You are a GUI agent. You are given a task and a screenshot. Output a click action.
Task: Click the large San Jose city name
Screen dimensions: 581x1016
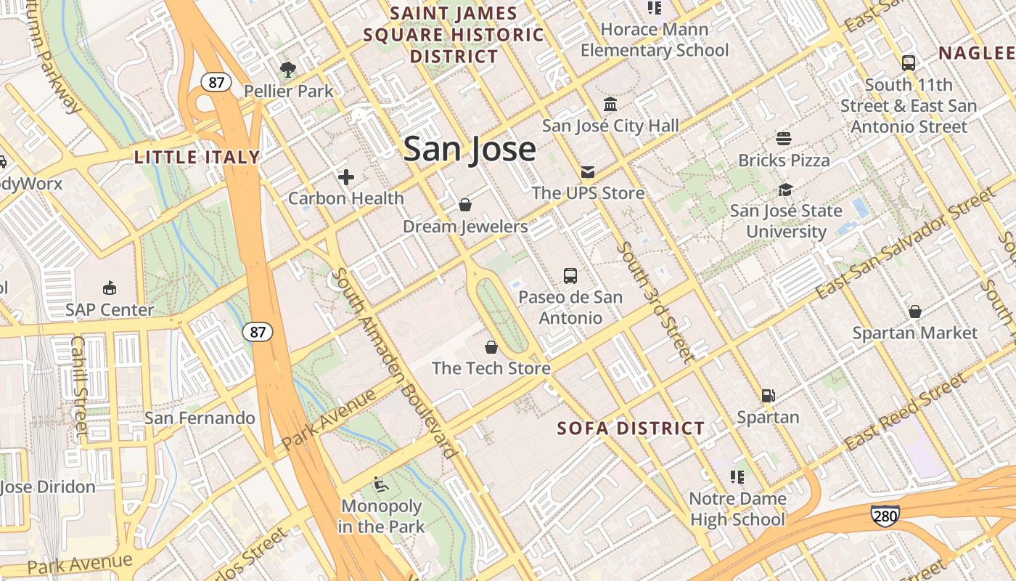[x=470, y=149]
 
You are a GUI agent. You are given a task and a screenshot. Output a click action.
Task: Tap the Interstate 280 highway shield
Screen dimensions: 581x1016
[x=885, y=515]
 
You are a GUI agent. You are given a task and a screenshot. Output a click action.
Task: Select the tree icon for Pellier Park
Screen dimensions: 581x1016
[x=288, y=70]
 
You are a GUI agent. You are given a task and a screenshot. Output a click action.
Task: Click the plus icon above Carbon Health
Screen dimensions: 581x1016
[x=346, y=176]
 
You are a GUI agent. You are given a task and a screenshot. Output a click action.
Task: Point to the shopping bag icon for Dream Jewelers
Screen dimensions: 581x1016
[x=465, y=205]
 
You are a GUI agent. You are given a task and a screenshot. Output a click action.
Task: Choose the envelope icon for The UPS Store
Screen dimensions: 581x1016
[x=587, y=171]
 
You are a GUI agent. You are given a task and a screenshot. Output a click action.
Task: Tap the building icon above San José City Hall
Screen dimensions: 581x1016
[x=610, y=105]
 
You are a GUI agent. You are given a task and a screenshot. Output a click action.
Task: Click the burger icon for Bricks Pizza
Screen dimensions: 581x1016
[x=784, y=138]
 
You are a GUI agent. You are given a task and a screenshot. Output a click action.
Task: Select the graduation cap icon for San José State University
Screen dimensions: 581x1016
[x=785, y=190]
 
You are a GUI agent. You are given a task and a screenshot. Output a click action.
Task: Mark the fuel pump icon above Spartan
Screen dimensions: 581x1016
[x=768, y=396]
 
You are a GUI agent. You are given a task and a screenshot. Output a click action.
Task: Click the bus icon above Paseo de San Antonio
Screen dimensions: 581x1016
[x=570, y=276]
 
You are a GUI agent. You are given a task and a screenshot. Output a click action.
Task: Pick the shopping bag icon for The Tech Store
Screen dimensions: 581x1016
[x=491, y=347]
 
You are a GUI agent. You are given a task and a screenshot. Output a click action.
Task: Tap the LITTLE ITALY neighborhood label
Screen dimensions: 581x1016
[x=197, y=157]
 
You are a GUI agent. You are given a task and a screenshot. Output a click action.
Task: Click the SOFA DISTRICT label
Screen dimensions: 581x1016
[x=631, y=428]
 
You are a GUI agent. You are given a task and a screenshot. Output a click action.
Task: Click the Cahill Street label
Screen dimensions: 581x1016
[x=79, y=385]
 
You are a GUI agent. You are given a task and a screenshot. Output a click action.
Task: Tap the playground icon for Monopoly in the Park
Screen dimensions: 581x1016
[x=380, y=484]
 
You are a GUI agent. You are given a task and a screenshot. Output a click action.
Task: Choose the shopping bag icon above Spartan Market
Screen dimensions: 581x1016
[x=915, y=312]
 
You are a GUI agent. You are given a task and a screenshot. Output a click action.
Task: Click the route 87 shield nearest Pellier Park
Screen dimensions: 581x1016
[x=216, y=82]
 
